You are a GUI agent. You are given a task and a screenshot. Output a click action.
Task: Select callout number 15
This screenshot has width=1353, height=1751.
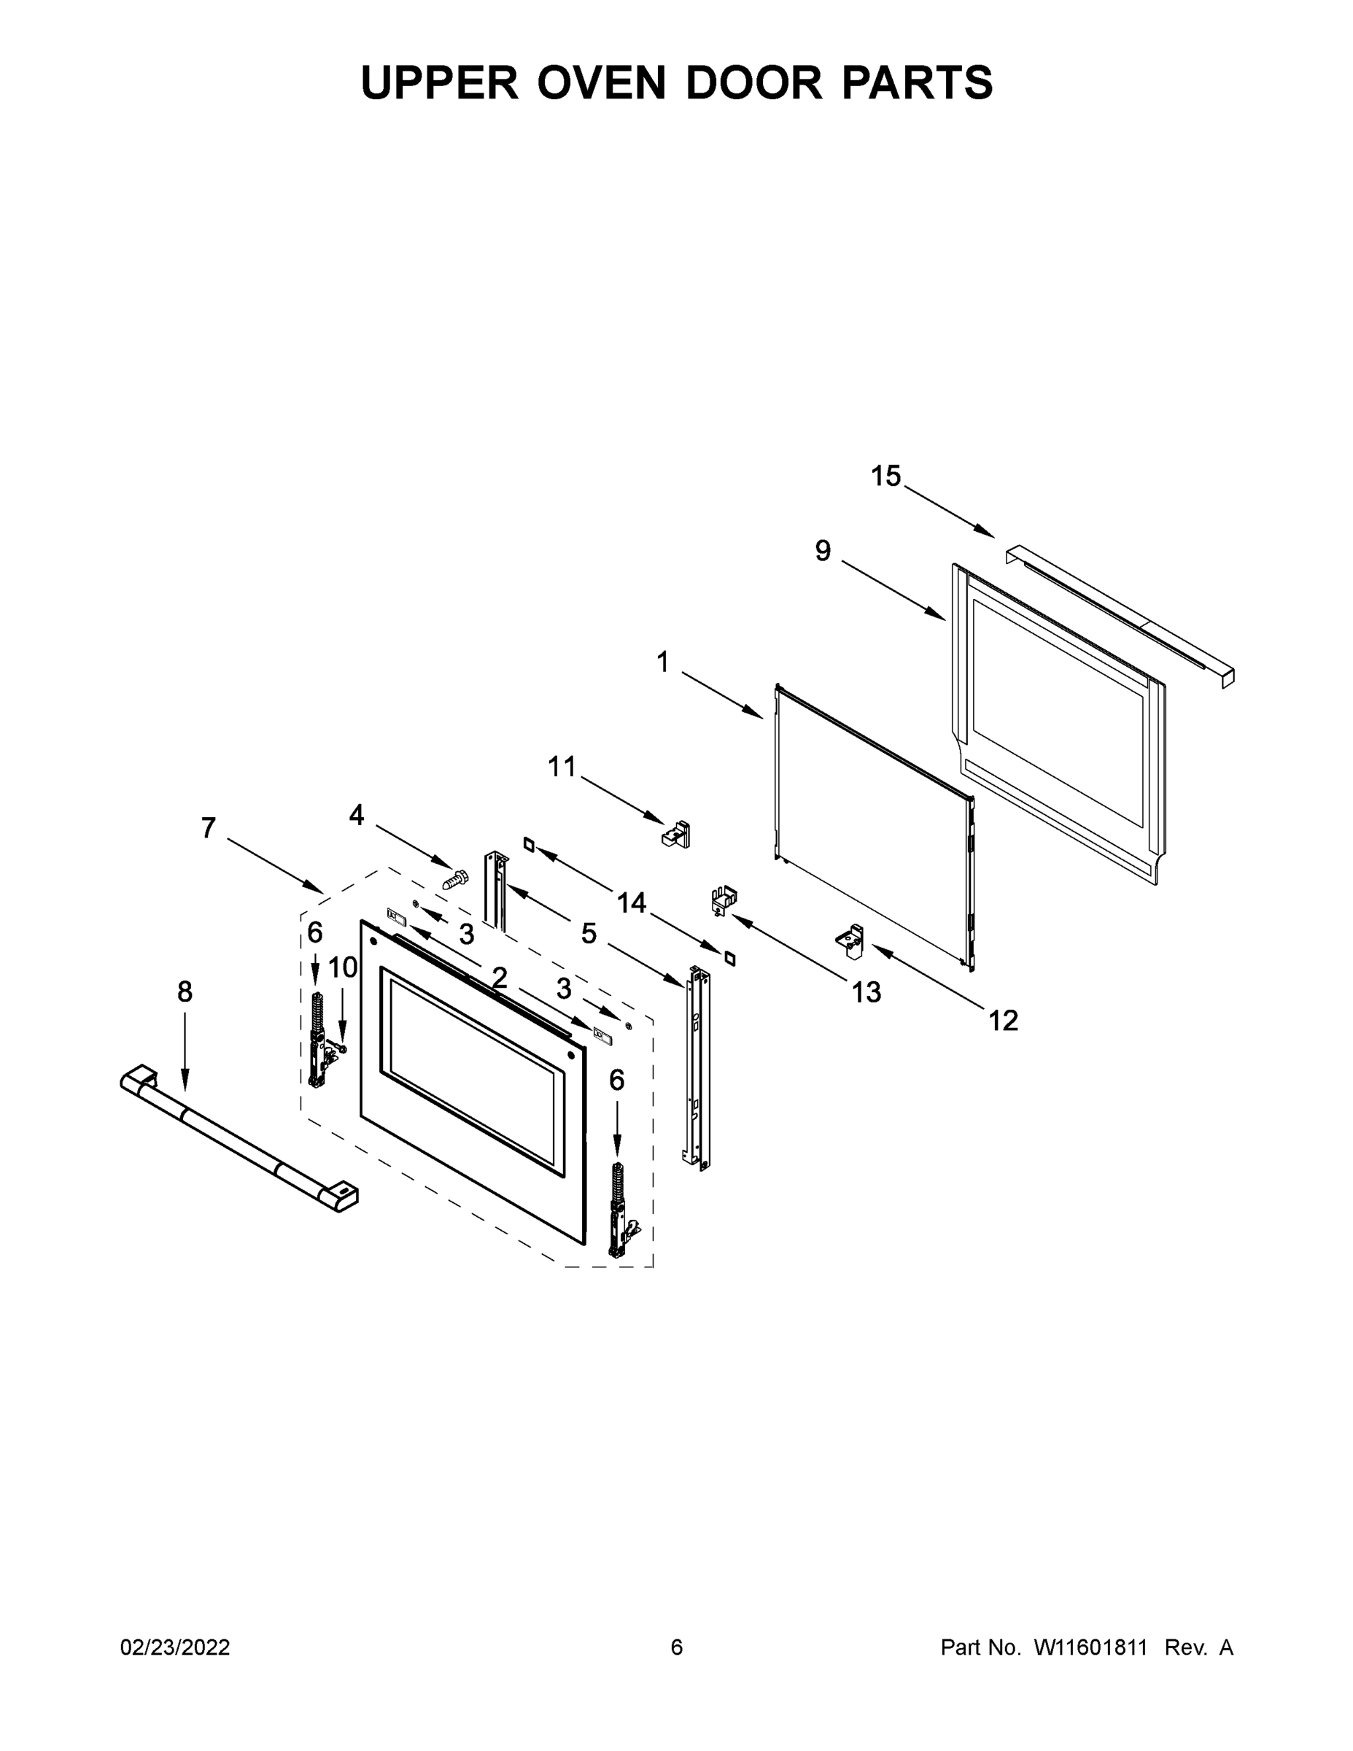coord(885,476)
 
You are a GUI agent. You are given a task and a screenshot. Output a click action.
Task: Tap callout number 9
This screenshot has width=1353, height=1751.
coord(823,551)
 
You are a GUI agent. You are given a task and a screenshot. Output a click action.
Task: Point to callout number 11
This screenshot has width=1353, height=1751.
coord(562,767)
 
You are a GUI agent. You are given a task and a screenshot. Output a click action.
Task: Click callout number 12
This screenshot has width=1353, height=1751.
coord(1003,1021)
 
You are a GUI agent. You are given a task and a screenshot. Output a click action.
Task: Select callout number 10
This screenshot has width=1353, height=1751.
coord(343,967)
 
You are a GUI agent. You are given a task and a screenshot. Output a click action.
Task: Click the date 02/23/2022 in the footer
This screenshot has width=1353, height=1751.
coord(175,1647)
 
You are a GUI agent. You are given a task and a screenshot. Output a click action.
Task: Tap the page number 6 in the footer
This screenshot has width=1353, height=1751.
coord(677,1647)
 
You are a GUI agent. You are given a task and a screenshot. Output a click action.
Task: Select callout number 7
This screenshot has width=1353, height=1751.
coord(209,827)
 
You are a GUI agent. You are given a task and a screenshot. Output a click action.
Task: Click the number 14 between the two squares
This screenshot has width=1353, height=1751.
coord(632,902)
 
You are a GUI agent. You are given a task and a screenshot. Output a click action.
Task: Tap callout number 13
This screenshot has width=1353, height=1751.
coord(866,992)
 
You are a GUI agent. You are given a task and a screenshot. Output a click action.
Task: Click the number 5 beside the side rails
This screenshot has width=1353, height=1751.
coord(589,933)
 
